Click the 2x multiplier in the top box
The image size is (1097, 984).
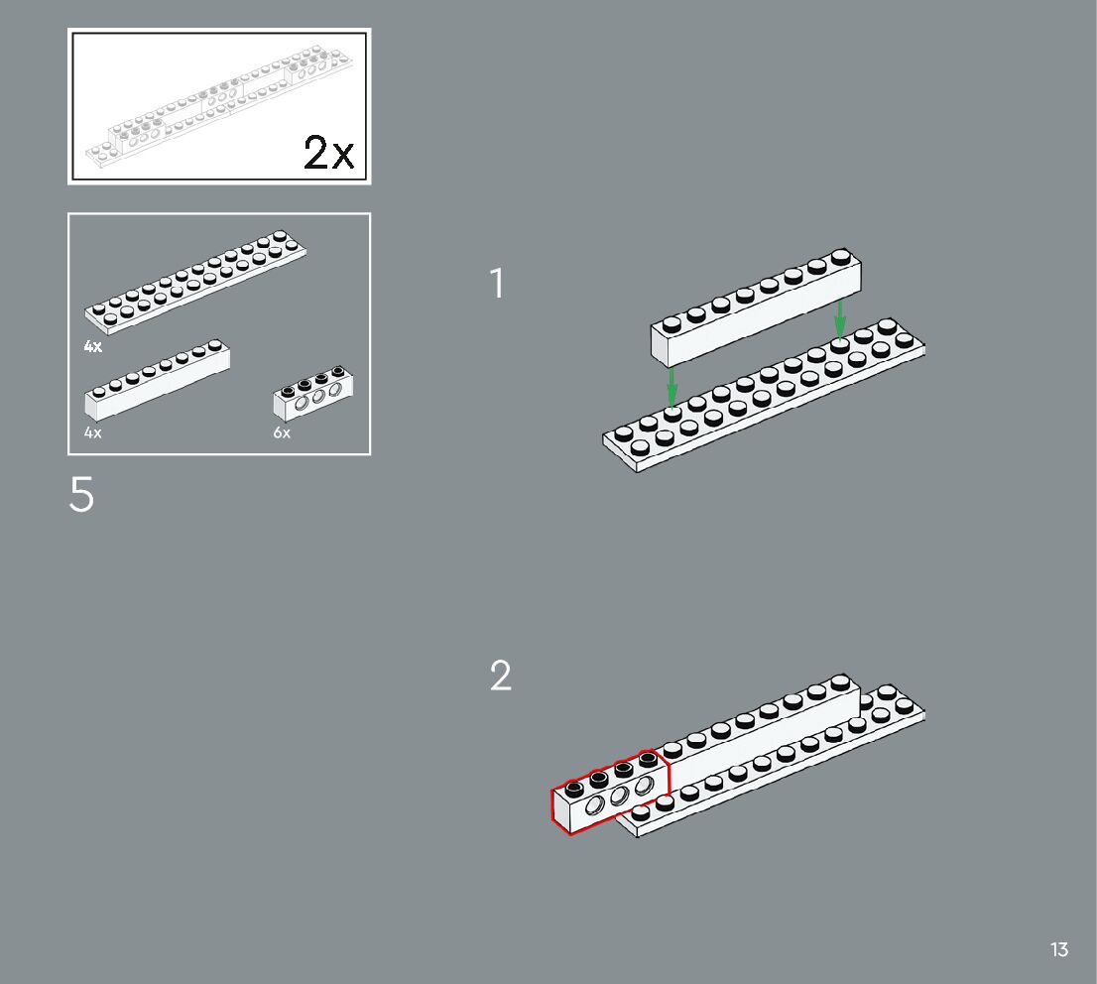pos(328,153)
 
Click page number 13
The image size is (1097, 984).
pos(1059,949)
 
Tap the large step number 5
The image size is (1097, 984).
pos(81,495)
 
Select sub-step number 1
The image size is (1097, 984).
pos(497,284)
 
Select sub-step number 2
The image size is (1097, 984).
pos(501,676)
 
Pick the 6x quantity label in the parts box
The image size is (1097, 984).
pos(283,433)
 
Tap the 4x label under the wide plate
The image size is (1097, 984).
pos(93,346)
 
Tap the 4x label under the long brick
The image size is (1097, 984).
pos(93,433)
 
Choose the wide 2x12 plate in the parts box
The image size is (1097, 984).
pos(195,282)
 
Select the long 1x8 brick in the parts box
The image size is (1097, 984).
pos(157,381)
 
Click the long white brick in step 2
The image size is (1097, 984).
pos(764,734)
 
